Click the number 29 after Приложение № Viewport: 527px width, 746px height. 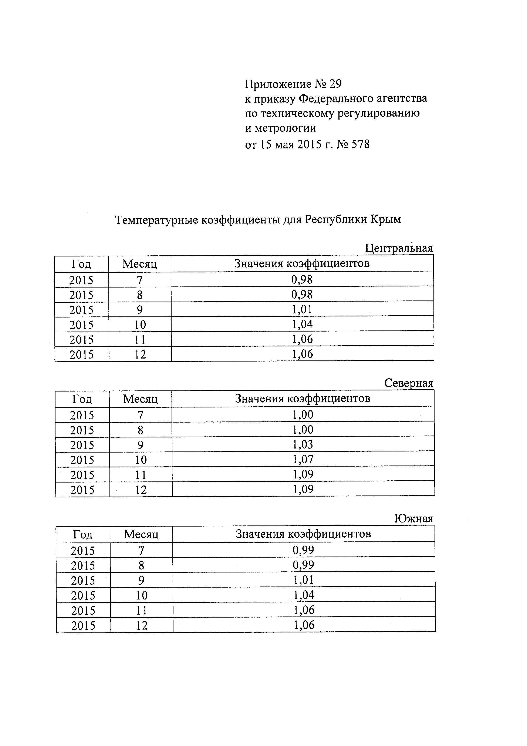335,84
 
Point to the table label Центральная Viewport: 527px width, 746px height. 399,248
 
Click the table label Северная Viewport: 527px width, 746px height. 408,383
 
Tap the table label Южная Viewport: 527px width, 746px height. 414,519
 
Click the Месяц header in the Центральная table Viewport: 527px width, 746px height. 140,264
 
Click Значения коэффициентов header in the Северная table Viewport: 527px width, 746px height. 303,398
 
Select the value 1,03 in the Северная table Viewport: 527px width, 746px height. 303,444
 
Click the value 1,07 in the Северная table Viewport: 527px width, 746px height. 303,459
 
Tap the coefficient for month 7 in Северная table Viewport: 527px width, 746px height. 303,415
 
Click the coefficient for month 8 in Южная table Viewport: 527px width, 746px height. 303,565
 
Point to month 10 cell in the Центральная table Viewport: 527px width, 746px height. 140,325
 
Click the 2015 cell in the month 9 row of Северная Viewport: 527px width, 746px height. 82,445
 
